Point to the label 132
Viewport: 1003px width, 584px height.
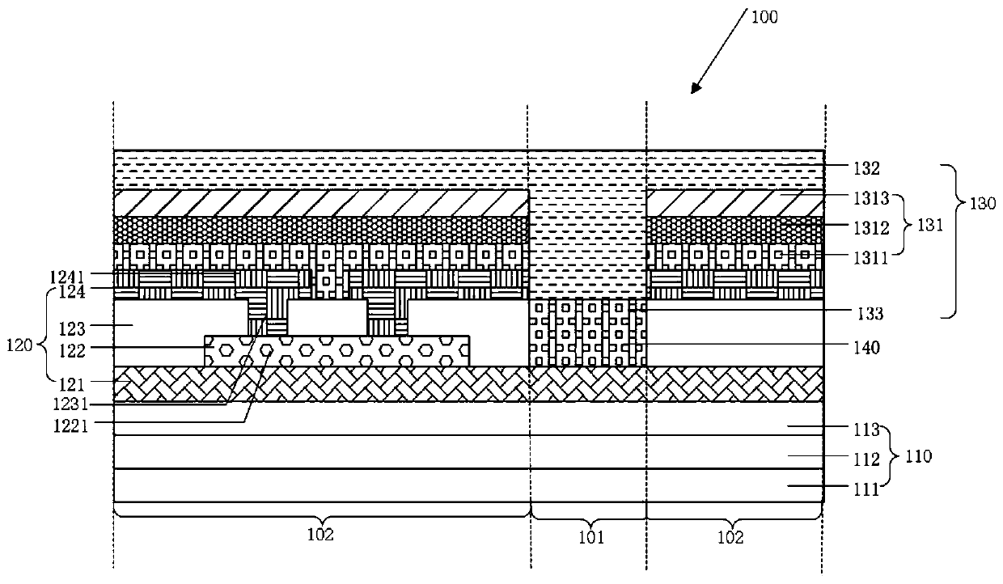coord(869,169)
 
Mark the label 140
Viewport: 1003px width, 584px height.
coord(869,348)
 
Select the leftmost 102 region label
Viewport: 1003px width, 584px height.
coord(322,535)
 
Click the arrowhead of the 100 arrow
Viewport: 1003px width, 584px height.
coord(693,91)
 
